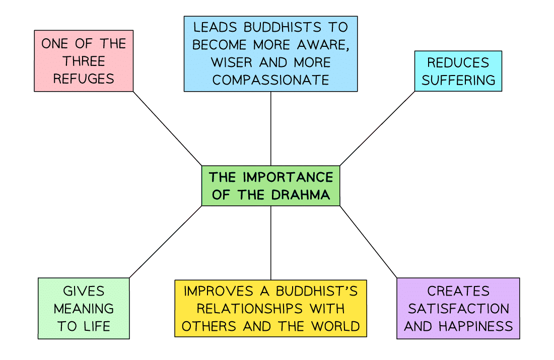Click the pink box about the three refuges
(84, 60)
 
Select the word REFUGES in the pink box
(84, 79)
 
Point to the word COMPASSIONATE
(270, 80)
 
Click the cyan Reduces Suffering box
(458, 71)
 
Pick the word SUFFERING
(458, 80)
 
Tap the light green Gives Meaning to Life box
(84, 308)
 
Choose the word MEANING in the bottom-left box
(84, 308)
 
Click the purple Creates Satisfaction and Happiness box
(458, 308)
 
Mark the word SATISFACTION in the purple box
(458, 308)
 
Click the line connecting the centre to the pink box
(167, 128)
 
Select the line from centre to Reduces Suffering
(377, 128)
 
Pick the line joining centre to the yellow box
(271, 243)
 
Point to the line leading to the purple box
(368, 242)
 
